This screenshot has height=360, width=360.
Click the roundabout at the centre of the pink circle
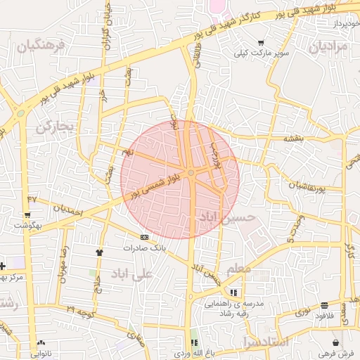click(191, 172)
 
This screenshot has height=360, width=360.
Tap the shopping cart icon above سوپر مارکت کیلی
click(262, 42)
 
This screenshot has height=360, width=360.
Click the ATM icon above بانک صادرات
click(144, 237)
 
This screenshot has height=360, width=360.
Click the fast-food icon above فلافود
click(323, 306)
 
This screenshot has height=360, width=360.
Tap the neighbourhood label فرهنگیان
click(41, 47)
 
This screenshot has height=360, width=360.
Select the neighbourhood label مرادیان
click(328, 47)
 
